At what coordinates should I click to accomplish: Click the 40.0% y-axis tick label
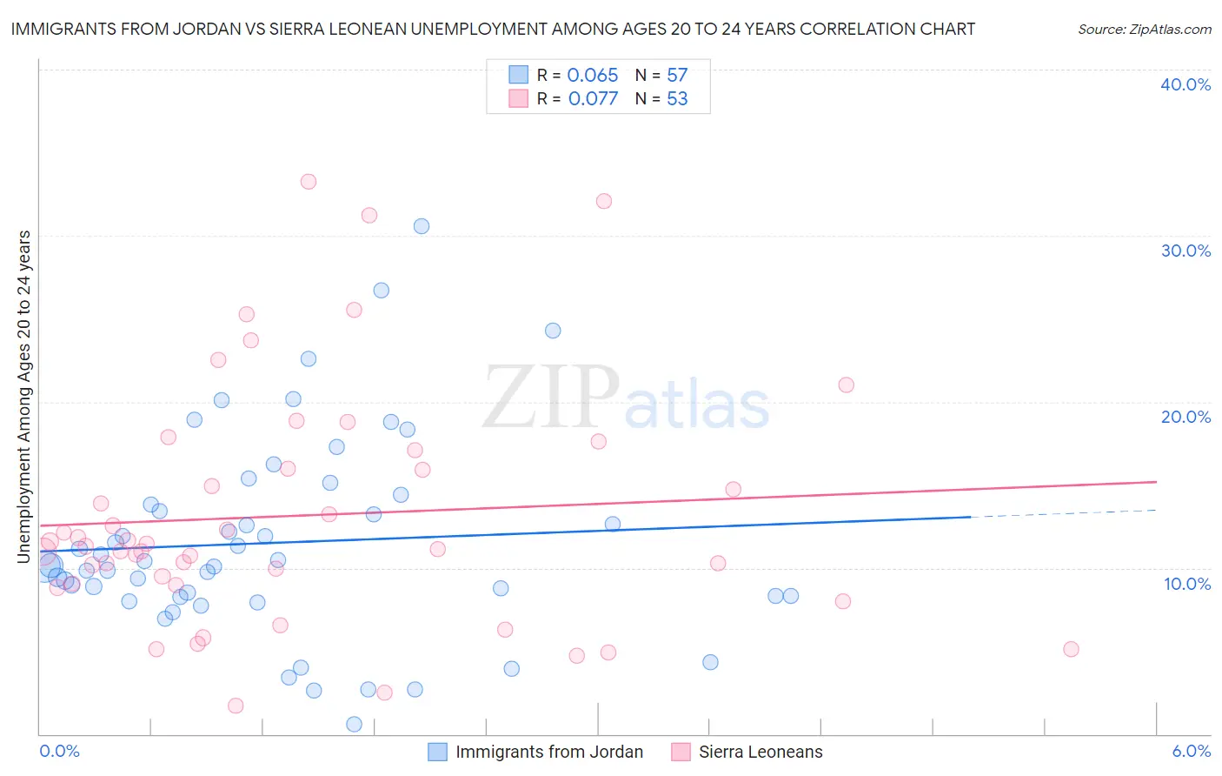coord(1185,84)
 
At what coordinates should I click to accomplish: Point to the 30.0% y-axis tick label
coord(1185,251)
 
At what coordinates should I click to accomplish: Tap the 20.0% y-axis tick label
coord(1185,417)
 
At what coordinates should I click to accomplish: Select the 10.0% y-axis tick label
coord(1187,584)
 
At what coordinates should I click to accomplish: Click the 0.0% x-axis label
coord(59,751)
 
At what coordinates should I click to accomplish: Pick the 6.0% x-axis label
coord(1191,751)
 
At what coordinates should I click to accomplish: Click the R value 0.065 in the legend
coord(592,75)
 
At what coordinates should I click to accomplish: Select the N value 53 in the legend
coord(677,98)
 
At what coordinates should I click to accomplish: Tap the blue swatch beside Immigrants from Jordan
coord(438,752)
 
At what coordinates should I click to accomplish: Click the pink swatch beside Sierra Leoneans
coord(681,752)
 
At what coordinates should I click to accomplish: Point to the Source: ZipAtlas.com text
coord(1144,29)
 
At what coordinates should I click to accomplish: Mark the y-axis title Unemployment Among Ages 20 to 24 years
coord(24,396)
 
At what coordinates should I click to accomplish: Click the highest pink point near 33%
coord(308,182)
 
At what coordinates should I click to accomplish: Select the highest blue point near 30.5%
coord(422,226)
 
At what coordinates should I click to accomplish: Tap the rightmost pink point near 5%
coord(1071,649)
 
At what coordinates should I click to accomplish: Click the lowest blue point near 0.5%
coord(354,724)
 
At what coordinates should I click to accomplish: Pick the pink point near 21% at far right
coord(846,385)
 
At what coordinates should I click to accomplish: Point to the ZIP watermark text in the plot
coord(551,399)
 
